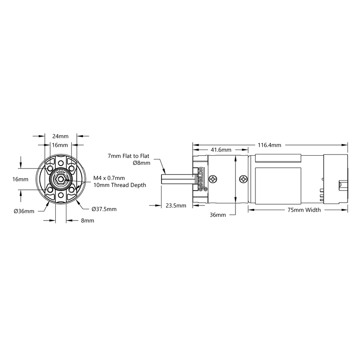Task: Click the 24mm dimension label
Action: (60, 136)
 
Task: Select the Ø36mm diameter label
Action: (24, 211)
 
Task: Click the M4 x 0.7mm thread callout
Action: (109, 178)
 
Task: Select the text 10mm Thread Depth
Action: (120, 185)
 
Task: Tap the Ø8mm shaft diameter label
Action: (142, 163)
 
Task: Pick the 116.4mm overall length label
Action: (269, 145)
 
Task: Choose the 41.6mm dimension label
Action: (221, 149)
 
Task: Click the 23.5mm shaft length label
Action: (176, 205)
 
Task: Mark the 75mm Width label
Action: (304, 210)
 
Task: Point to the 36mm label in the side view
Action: (218, 215)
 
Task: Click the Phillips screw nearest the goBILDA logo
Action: (213, 179)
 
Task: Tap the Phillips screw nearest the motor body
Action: (243, 179)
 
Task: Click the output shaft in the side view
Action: (176, 179)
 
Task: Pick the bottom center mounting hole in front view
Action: (61, 195)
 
